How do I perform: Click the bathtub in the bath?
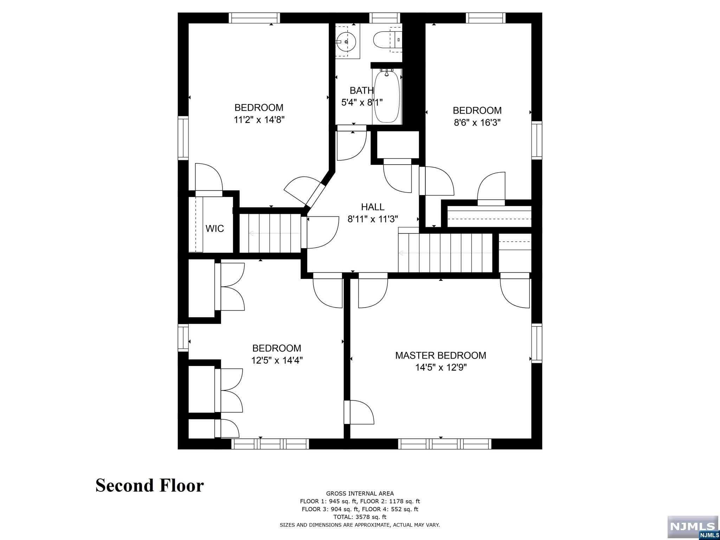click(x=387, y=96)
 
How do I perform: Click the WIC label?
click(x=214, y=229)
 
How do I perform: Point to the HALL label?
click(x=373, y=207)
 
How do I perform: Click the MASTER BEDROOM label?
click(x=441, y=355)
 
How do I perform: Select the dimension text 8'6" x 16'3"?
click(x=477, y=123)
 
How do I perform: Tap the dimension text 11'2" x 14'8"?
click(x=259, y=120)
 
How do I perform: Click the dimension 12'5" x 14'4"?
click(x=277, y=360)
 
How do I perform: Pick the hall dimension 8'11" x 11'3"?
click(x=373, y=219)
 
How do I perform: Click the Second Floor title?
click(x=150, y=486)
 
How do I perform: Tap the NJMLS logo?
click(x=693, y=528)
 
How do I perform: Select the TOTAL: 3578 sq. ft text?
click(x=360, y=517)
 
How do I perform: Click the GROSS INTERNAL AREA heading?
click(x=360, y=494)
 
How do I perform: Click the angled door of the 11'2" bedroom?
click(x=305, y=193)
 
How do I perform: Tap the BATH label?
click(x=361, y=90)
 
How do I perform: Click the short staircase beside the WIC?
click(x=270, y=233)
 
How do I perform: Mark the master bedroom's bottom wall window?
click(x=444, y=444)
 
